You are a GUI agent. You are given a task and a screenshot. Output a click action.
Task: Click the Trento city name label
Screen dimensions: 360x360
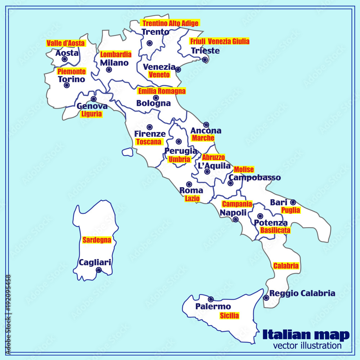tap(155, 32)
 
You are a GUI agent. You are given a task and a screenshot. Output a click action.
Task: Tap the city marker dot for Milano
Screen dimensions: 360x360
tap(109, 70)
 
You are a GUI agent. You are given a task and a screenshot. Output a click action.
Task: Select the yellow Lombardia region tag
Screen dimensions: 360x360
tap(116, 55)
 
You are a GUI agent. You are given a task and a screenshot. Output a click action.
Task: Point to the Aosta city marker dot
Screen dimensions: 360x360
tap(64, 59)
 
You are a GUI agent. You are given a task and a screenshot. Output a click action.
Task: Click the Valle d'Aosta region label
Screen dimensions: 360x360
tap(66, 44)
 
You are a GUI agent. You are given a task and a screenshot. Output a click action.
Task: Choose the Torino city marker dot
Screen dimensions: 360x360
tap(67, 85)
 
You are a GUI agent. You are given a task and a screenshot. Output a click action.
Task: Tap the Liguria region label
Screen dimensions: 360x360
tap(91, 114)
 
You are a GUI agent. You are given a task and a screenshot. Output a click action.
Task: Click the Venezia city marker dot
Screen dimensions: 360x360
tap(178, 69)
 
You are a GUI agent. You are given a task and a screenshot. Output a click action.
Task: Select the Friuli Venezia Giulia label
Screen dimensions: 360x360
tap(219, 41)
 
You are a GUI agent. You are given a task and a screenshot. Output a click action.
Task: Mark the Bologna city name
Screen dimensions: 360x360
tap(153, 103)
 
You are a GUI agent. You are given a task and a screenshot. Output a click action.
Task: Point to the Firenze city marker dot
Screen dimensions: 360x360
tap(149, 127)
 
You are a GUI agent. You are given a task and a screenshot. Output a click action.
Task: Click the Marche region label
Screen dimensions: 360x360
tap(203, 138)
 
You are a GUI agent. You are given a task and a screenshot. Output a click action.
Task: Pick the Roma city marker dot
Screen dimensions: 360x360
tap(189, 184)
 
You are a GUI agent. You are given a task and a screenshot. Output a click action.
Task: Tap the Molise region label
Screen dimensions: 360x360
tap(244, 169)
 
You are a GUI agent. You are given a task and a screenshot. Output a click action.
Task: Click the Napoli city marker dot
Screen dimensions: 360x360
tap(235, 219)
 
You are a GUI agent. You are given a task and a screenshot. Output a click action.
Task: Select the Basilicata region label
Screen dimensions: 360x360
tap(275, 230)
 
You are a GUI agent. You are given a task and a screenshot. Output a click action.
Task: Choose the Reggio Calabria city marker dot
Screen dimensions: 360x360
tap(266, 298)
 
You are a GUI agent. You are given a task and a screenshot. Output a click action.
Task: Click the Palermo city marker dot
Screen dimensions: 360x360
tap(211, 299)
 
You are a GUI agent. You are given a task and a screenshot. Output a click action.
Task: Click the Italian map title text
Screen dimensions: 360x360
tap(306, 335)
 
